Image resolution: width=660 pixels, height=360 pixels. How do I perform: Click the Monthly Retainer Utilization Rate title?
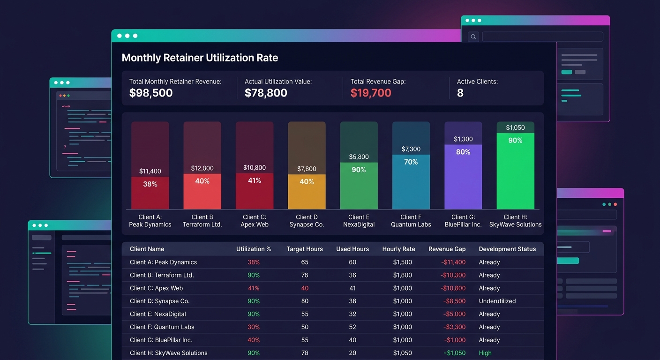click(x=200, y=58)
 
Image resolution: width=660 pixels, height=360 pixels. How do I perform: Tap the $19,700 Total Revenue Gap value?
click(x=371, y=93)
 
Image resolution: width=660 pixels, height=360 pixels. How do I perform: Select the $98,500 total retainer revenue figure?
click(x=151, y=93)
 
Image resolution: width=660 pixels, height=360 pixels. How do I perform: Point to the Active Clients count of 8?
click(x=460, y=93)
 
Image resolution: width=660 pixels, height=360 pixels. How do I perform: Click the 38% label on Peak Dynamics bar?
click(x=150, y=184)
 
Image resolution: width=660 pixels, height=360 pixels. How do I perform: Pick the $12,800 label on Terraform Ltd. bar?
click(x=202, y=168)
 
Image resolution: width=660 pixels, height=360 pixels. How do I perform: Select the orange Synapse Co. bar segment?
click(x=307, y=192)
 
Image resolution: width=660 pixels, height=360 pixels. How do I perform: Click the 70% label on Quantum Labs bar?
click(x=411, y=162)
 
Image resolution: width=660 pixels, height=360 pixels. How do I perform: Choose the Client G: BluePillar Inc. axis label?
click(x=463, y=221)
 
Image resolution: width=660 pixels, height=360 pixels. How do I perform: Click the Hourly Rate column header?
click(x=398, y=249)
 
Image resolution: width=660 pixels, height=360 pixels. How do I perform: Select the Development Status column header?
click(x=507, y=249)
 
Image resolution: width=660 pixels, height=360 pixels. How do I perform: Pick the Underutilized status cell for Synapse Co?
click(x=497, y=301)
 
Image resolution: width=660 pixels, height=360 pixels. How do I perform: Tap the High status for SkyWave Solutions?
click(x=485, y=353)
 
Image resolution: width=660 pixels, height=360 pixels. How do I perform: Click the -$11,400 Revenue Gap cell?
click(x=453, y=262)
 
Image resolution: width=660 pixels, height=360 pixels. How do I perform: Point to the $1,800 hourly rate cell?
click(x=402, y=275)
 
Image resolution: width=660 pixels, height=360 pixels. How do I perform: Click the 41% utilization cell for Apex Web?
click(x=254, y=288)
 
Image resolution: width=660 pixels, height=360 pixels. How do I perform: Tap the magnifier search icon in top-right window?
click(x=473, y=37)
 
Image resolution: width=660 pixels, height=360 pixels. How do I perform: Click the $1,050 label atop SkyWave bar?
click(x=515, y=127)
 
